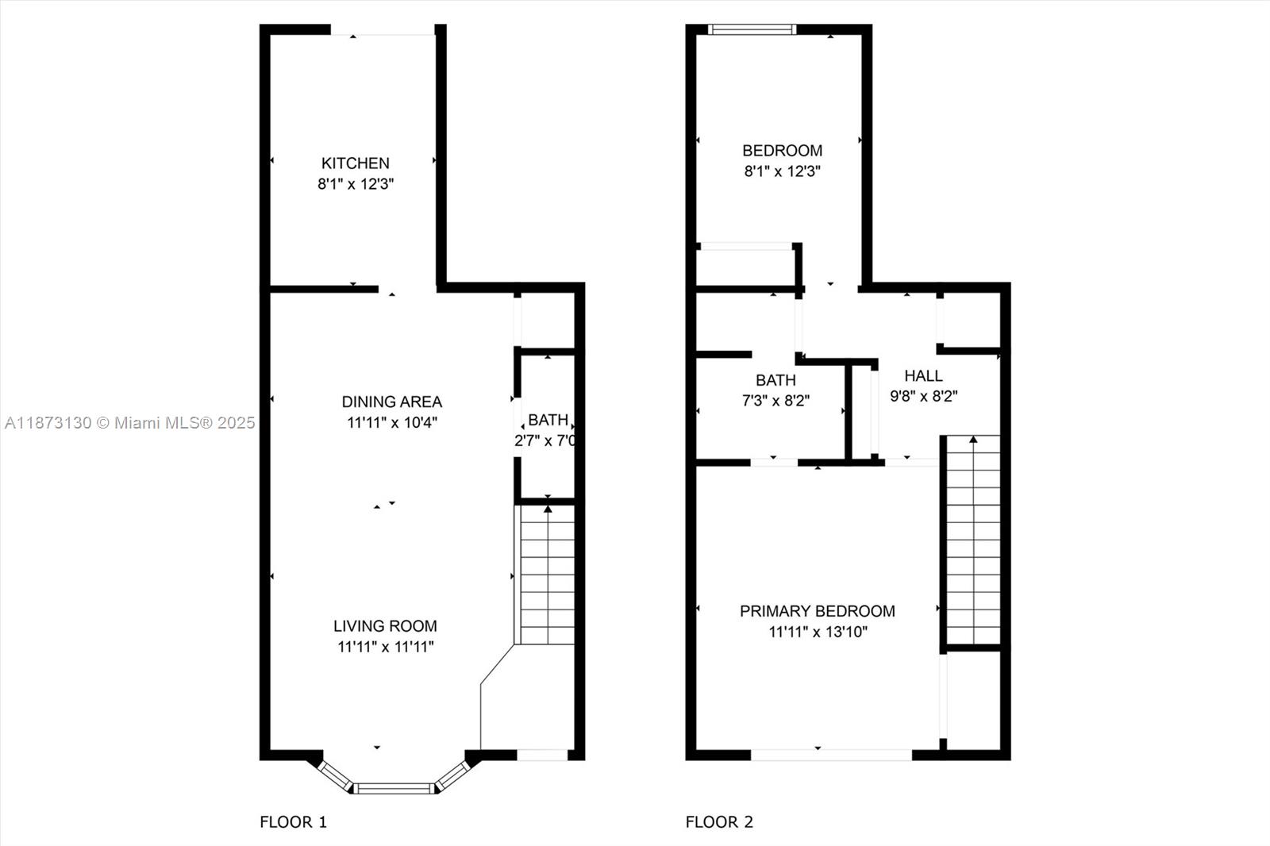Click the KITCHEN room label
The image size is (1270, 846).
coord(355,163)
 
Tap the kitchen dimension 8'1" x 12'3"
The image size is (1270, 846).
coord(356,184)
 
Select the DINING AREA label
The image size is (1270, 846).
coord(391,402)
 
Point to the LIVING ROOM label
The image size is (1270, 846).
coord(385,626)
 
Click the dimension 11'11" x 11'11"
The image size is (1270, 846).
coord(385,647)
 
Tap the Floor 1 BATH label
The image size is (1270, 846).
coord(548,420)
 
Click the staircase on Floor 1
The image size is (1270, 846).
coord(546,575)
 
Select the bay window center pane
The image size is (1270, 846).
coord(394,788)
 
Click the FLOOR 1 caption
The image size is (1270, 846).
coord(293,822)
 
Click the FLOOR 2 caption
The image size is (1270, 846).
coord(719,822)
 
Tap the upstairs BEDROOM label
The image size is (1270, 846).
coord(782,151)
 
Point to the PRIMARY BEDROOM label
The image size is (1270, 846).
coord(817,611)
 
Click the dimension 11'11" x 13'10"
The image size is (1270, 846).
coord(818,633)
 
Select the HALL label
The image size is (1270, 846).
coord(923,376)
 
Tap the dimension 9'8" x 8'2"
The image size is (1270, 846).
coord(923,397)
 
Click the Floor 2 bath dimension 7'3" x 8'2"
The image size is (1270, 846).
coord(775,402)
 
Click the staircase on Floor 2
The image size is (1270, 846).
coord(973,540)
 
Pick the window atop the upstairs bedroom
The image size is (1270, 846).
coord(752,30)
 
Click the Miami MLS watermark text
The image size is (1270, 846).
coord(129,423)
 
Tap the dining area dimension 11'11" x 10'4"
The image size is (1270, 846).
coord(391,423)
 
